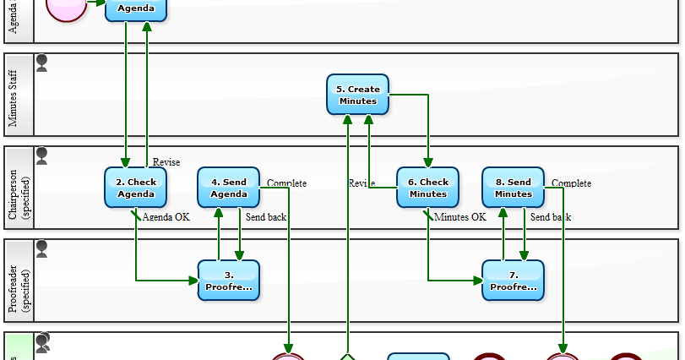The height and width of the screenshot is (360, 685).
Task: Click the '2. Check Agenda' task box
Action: point(136,188)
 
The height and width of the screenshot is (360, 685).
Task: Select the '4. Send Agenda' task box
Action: point(228,188)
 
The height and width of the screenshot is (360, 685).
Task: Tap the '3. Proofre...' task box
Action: point(228,281)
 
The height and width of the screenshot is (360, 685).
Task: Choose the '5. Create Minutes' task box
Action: point(357,95)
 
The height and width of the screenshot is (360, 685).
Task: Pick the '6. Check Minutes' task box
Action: point(427,188)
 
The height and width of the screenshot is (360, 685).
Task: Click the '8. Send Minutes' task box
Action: point(513,188)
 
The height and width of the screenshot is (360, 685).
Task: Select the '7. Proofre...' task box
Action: point(513,281)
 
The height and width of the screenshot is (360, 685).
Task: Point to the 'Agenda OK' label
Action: point(166,217)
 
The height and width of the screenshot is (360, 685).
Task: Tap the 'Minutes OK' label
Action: point(460,217)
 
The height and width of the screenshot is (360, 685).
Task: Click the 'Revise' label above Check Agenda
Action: point(166,162)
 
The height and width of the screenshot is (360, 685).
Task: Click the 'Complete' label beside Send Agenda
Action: point(286,183)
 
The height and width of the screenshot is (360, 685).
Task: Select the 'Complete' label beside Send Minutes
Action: point(571,183)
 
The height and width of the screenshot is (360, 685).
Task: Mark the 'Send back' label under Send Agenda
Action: point(265,217)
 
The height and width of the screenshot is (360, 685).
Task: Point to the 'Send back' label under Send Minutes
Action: point(550,217)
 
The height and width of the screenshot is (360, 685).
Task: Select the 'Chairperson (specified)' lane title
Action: point(18,188)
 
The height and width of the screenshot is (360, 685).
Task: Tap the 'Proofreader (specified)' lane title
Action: point(18,281)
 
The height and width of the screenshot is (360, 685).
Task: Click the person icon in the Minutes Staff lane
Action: point(41,63)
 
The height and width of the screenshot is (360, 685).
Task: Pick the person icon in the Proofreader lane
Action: point(41,249)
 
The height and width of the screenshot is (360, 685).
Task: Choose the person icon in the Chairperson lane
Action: point(41,156)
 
